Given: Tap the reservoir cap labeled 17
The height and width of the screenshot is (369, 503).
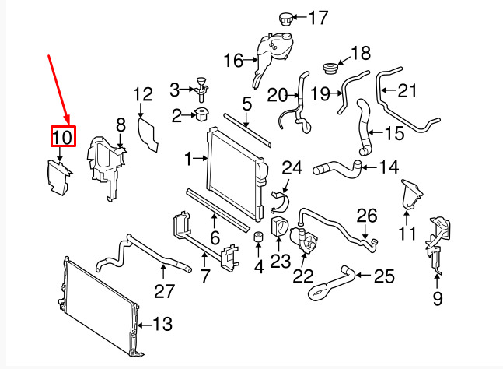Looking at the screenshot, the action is (x=285, y=19).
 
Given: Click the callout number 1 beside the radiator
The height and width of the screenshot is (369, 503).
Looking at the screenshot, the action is (x=188, y=159).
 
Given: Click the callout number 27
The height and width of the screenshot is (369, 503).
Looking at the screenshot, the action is (x=164, y=291).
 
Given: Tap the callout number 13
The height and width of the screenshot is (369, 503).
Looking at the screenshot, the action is (x=162, y=324).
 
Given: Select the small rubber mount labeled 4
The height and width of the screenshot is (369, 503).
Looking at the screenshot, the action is (x=258, y=236).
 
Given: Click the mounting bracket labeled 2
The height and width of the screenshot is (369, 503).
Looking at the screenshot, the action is (x=201, y=114).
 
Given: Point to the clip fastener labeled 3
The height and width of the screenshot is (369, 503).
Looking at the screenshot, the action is (x=201, y=88).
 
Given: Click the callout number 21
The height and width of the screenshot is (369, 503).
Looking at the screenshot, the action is (x=407, y=90).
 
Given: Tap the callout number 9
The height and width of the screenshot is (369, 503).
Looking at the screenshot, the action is (x=438, y=298).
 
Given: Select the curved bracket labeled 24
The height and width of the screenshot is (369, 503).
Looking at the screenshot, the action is (x=280, y=202).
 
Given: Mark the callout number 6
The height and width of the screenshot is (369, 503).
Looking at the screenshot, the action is (x=215, y=237).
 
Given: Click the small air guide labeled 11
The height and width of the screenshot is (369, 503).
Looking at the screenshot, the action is (x=411, y=195).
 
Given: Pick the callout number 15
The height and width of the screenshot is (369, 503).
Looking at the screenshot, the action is (x=395, y=133).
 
